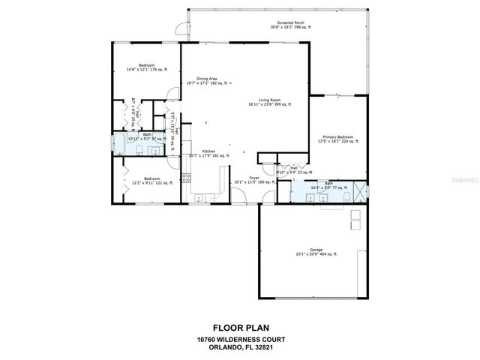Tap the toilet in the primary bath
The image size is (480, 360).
pyautogui.click(x=347, y=197)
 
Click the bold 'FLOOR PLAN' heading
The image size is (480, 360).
pyautogui.click(x=239, y=327)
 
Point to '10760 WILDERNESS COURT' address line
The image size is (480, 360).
pyautogui.click(x=239, y=339)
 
